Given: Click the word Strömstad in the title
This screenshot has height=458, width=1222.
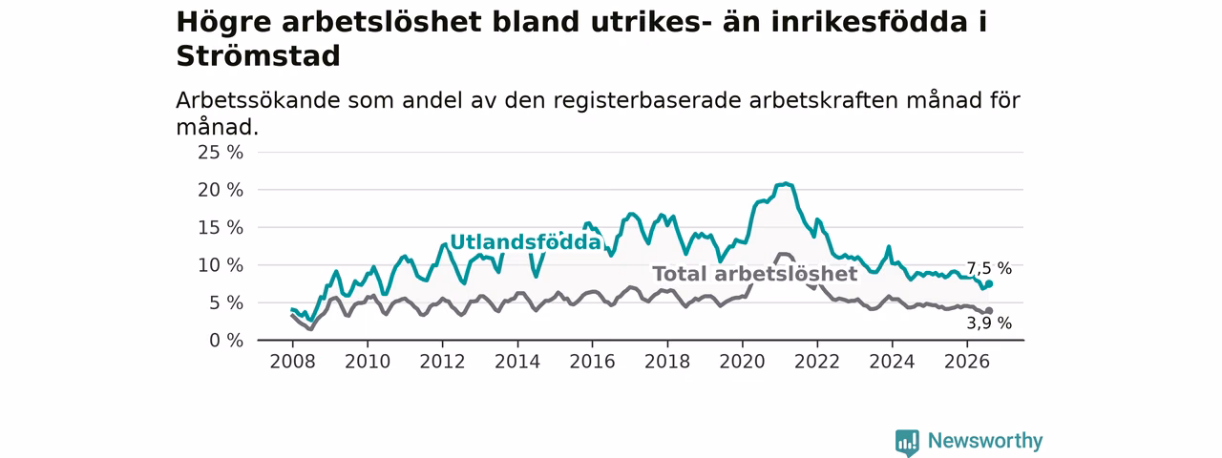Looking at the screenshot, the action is [x=258, y=56].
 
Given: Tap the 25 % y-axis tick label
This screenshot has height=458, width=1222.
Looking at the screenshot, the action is [x=221, y=153].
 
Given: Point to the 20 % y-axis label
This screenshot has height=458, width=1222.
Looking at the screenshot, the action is [x=221, y=190].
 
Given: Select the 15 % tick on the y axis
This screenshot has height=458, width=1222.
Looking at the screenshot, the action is [x=221, y=228].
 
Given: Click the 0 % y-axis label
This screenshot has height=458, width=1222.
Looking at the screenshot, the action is [x=226, y=341].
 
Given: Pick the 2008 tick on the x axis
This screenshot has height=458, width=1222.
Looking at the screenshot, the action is [x=292, y=362].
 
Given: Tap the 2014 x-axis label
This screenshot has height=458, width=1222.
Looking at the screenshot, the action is [x=517, y=362].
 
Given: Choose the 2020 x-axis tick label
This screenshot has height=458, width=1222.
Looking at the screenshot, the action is [x=742, y=362].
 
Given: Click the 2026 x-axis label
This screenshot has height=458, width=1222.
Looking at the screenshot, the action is [x=967, y=362].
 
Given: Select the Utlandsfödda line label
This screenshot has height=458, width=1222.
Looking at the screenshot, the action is [x=525, y=242].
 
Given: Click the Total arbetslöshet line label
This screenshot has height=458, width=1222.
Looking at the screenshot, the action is [x=755, y=274].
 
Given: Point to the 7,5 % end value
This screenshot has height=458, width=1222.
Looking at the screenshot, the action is [x=989, y=268].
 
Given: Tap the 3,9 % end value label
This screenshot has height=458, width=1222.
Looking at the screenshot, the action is [x=989, y=323].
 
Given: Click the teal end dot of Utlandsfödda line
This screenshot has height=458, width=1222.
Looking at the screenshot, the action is [x=989, y=283].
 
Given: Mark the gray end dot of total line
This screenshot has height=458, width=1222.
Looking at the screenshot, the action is [x=989, y=311].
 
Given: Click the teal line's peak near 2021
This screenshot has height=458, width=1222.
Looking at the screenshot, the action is [x=786, y=184].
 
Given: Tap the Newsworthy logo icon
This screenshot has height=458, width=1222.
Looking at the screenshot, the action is [x=907, y=442].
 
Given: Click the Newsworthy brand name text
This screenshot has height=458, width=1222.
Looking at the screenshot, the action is [x=985, y=441].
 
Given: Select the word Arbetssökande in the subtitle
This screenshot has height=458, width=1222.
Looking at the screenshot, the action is [x=258, y=101].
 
